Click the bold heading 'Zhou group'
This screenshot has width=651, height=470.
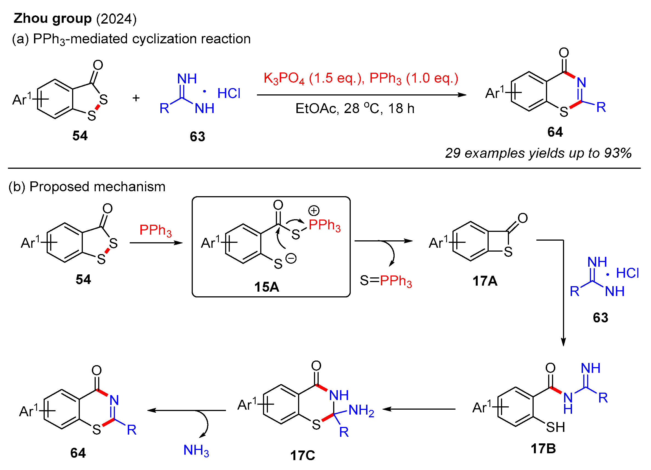click(53, 19)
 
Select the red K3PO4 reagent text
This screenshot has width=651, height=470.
click(284, 78)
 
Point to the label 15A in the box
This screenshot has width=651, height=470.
click(267, 287)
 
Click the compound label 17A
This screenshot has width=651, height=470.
click(485, 281)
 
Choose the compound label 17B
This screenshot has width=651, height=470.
click(543, 449)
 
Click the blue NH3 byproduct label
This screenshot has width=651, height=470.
click(196, 451)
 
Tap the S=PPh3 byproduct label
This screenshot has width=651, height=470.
click(386, 281)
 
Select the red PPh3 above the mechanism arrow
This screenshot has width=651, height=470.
click(155, 230)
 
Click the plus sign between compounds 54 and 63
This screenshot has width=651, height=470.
click(136, 98)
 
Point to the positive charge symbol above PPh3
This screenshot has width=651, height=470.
click(314, 210)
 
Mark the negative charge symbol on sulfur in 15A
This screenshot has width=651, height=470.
click(291, 258)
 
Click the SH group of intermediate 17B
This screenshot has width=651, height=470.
click(555, 427)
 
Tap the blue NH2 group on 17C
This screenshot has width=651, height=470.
click(361, 410)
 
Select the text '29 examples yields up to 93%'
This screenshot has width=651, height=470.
click(538, 153)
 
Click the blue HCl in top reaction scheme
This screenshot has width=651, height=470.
click(229, 94)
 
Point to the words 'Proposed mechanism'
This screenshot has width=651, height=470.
click(98, 187)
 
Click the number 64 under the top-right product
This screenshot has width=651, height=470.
click(555, 132)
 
